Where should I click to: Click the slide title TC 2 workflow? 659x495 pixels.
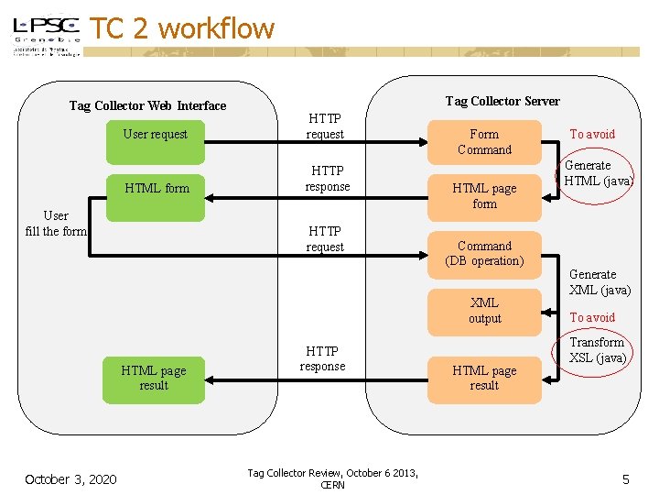tap(183, 28)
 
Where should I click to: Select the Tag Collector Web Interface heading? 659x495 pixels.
tap(147, 105)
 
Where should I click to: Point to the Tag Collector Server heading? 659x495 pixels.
tap(502, 101)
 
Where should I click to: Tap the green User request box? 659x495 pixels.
tap(155, 134)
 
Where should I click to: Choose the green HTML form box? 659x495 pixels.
tap(157, 188)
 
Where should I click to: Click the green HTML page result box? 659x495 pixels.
tap(154, 378)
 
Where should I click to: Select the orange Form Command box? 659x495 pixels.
tap(484, 141)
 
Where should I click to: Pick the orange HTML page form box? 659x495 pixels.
tap(484, 195)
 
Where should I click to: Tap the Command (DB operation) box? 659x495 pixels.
tap(484, 253)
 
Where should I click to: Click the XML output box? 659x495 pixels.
tap(484, 310)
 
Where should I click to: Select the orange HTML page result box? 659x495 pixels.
tap(484, 378)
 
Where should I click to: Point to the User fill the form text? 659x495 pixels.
tap(56, 224)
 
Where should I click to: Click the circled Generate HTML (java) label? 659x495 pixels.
tap(598, 173)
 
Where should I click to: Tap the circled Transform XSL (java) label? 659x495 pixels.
tap(597, 350)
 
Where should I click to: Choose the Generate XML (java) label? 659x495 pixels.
tap(600, 281)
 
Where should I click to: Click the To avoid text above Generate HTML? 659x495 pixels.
tap(592, 134)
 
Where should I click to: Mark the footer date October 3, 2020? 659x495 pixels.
tap(70, 478)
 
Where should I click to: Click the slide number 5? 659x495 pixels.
tap(626, 478)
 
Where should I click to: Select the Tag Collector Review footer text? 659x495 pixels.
tap(332, 478)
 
